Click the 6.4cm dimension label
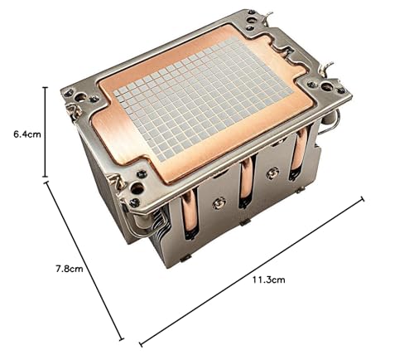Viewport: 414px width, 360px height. point(27,134)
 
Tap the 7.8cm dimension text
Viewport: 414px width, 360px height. point(70,269)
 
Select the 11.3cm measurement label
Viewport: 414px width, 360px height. point(268,280)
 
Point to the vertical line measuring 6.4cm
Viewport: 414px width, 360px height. point(46,132)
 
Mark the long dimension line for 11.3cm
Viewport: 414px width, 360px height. point(252,271)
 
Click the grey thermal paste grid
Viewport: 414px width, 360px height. point(204,98)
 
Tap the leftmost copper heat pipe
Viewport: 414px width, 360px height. point(190,213)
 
